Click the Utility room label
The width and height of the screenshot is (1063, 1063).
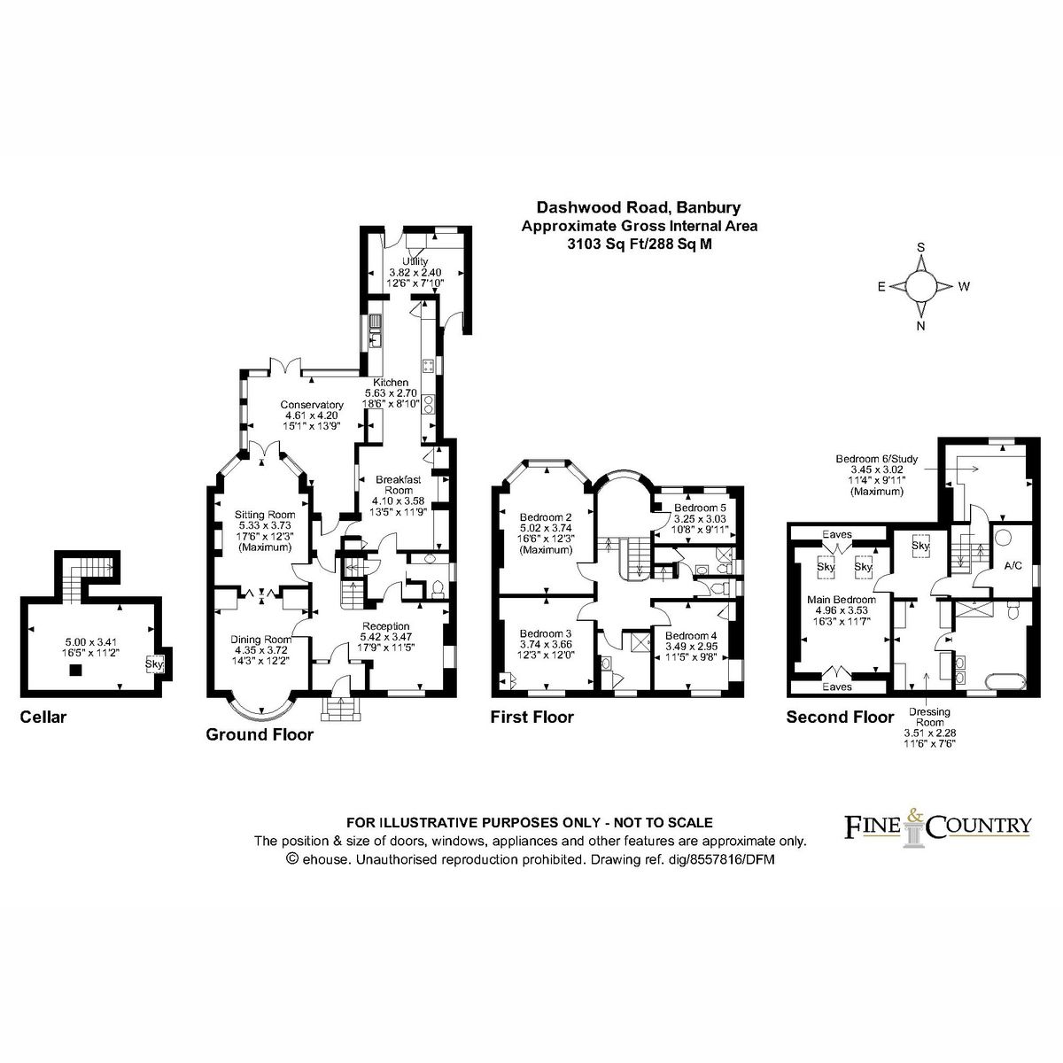tap(415, 262)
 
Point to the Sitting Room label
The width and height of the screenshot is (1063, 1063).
tap(264, 515)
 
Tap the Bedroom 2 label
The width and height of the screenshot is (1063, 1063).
tap(545, 517)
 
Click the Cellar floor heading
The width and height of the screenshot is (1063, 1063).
tap(43, 717)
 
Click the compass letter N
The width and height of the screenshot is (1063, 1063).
tap(921, 326)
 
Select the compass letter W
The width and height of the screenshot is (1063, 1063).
tap(965, 286)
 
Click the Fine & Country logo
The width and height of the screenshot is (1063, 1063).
tap(935, 826)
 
